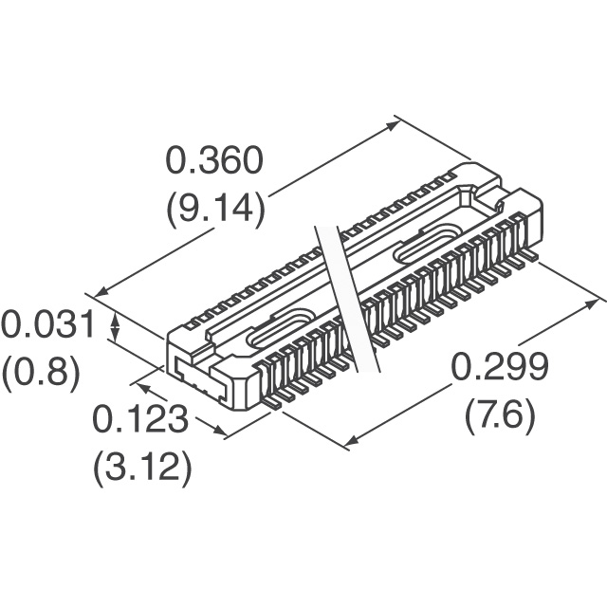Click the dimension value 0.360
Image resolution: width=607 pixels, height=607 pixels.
tap(214, 160)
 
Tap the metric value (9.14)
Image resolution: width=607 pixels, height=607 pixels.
tap(215, 208)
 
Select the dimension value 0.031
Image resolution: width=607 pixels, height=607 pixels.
tap(47, 323)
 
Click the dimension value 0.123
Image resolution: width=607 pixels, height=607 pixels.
tap(140, 419)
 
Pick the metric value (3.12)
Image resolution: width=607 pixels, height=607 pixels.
tap(142, 467)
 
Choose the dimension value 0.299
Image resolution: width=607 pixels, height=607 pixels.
tap(500, 366)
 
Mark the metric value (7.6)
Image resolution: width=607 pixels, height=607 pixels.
tap(500, 414)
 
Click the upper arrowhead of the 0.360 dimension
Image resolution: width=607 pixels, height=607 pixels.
tap(393, 125)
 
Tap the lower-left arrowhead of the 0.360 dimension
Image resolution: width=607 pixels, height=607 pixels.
tap(100, 293)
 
